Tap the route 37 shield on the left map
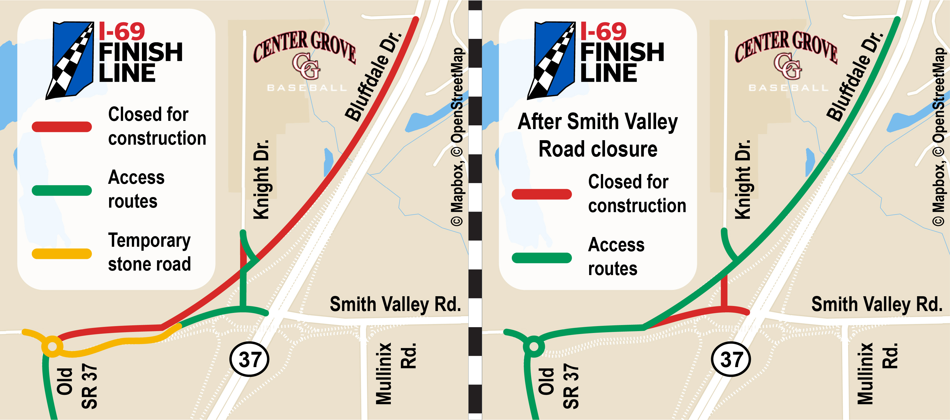pos(249,359)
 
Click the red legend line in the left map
pos(62,127)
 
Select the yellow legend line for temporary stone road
pos(62,254)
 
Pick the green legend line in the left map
pos(62,190)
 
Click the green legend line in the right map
pos(542,258)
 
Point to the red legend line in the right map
pos(542,194)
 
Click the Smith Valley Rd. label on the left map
pos(395,304)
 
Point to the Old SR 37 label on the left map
pos(77,387)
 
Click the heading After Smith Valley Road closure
pos(597,135)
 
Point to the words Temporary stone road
pos(149,252)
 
